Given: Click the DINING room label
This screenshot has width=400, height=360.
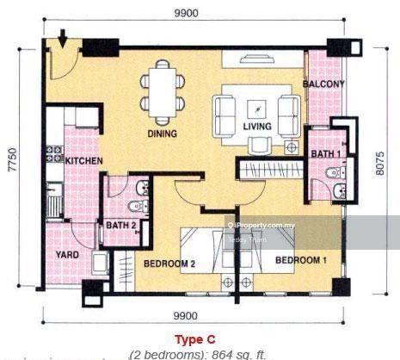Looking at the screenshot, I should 162,133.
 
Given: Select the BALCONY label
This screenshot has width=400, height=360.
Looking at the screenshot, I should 324,84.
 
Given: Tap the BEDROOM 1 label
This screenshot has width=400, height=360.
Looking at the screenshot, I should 301,259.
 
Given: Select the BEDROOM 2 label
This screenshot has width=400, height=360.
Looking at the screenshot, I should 169,264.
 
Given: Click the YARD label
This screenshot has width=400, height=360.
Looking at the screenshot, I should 69,255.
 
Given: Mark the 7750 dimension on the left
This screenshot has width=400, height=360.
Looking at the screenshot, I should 12,160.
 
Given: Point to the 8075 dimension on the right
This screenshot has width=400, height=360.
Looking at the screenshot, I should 382,160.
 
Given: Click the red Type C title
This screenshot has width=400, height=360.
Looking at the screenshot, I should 195,338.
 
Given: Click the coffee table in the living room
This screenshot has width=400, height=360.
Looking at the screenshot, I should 255,108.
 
